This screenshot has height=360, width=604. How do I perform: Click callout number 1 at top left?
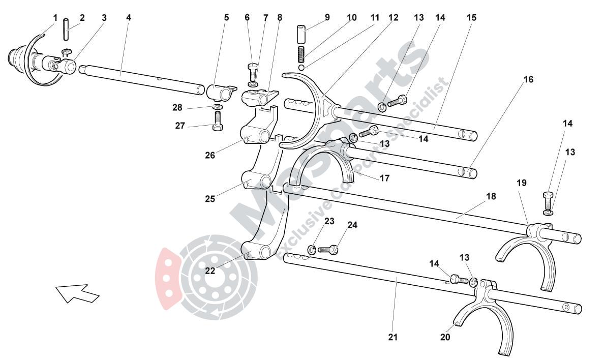click(55, 18)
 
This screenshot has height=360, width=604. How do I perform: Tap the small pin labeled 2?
click(66, 29)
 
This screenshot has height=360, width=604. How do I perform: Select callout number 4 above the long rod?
click(128, 18)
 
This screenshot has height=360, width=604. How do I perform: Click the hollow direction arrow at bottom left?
click(77, 293)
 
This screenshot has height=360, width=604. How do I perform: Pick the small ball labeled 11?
click(301, 68)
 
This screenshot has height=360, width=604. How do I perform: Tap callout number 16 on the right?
click(528, 79)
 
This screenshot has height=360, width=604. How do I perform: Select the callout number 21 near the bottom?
click(392, 337)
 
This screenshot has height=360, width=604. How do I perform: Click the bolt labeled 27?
click(218, 121)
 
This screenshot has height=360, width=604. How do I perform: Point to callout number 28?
click(177, 107)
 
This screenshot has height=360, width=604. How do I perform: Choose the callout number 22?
click(210, 271)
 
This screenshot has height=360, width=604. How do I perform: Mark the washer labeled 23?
click(312, 250)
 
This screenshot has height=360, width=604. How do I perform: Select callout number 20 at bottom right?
click(445, 337)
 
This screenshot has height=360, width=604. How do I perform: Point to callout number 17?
click(384, 178)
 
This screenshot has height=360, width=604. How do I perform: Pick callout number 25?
click(210, 199)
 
